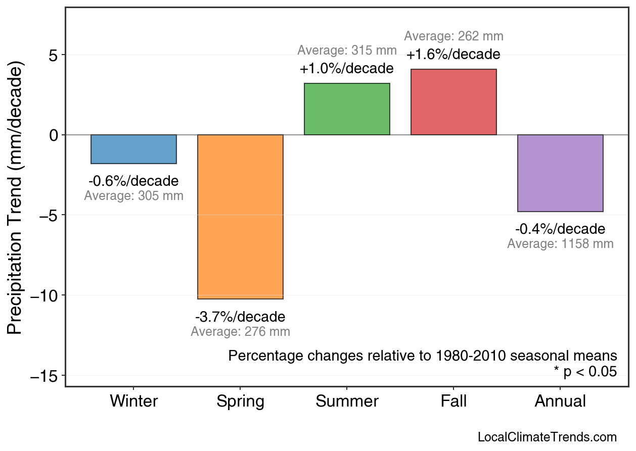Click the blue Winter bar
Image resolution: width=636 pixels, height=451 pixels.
pos(133,149)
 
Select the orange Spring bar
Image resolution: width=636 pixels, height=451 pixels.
pos(240,217)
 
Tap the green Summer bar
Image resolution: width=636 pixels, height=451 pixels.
pos(347,109)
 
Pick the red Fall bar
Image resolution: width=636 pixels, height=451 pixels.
pos(453,102)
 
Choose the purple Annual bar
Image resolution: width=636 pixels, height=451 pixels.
pos(560,173)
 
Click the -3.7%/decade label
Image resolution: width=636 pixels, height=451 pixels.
pos(240,317)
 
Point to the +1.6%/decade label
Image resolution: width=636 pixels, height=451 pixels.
pos(453,55)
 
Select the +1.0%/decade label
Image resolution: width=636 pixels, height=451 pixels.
pos(347,69)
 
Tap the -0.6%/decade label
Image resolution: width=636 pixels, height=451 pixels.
pos(133,181)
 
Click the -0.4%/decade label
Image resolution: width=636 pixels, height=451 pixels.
pos(560,230)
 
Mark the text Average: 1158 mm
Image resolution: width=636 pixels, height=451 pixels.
pos(560,244)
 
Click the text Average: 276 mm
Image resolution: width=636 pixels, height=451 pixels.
pos(240,332)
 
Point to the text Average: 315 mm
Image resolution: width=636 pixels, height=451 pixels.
pos(347,51)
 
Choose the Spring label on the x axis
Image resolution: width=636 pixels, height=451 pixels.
pos(240,402)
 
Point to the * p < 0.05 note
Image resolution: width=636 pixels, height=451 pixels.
pos(585,372)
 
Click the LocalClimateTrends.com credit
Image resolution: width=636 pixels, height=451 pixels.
pos(547,437)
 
